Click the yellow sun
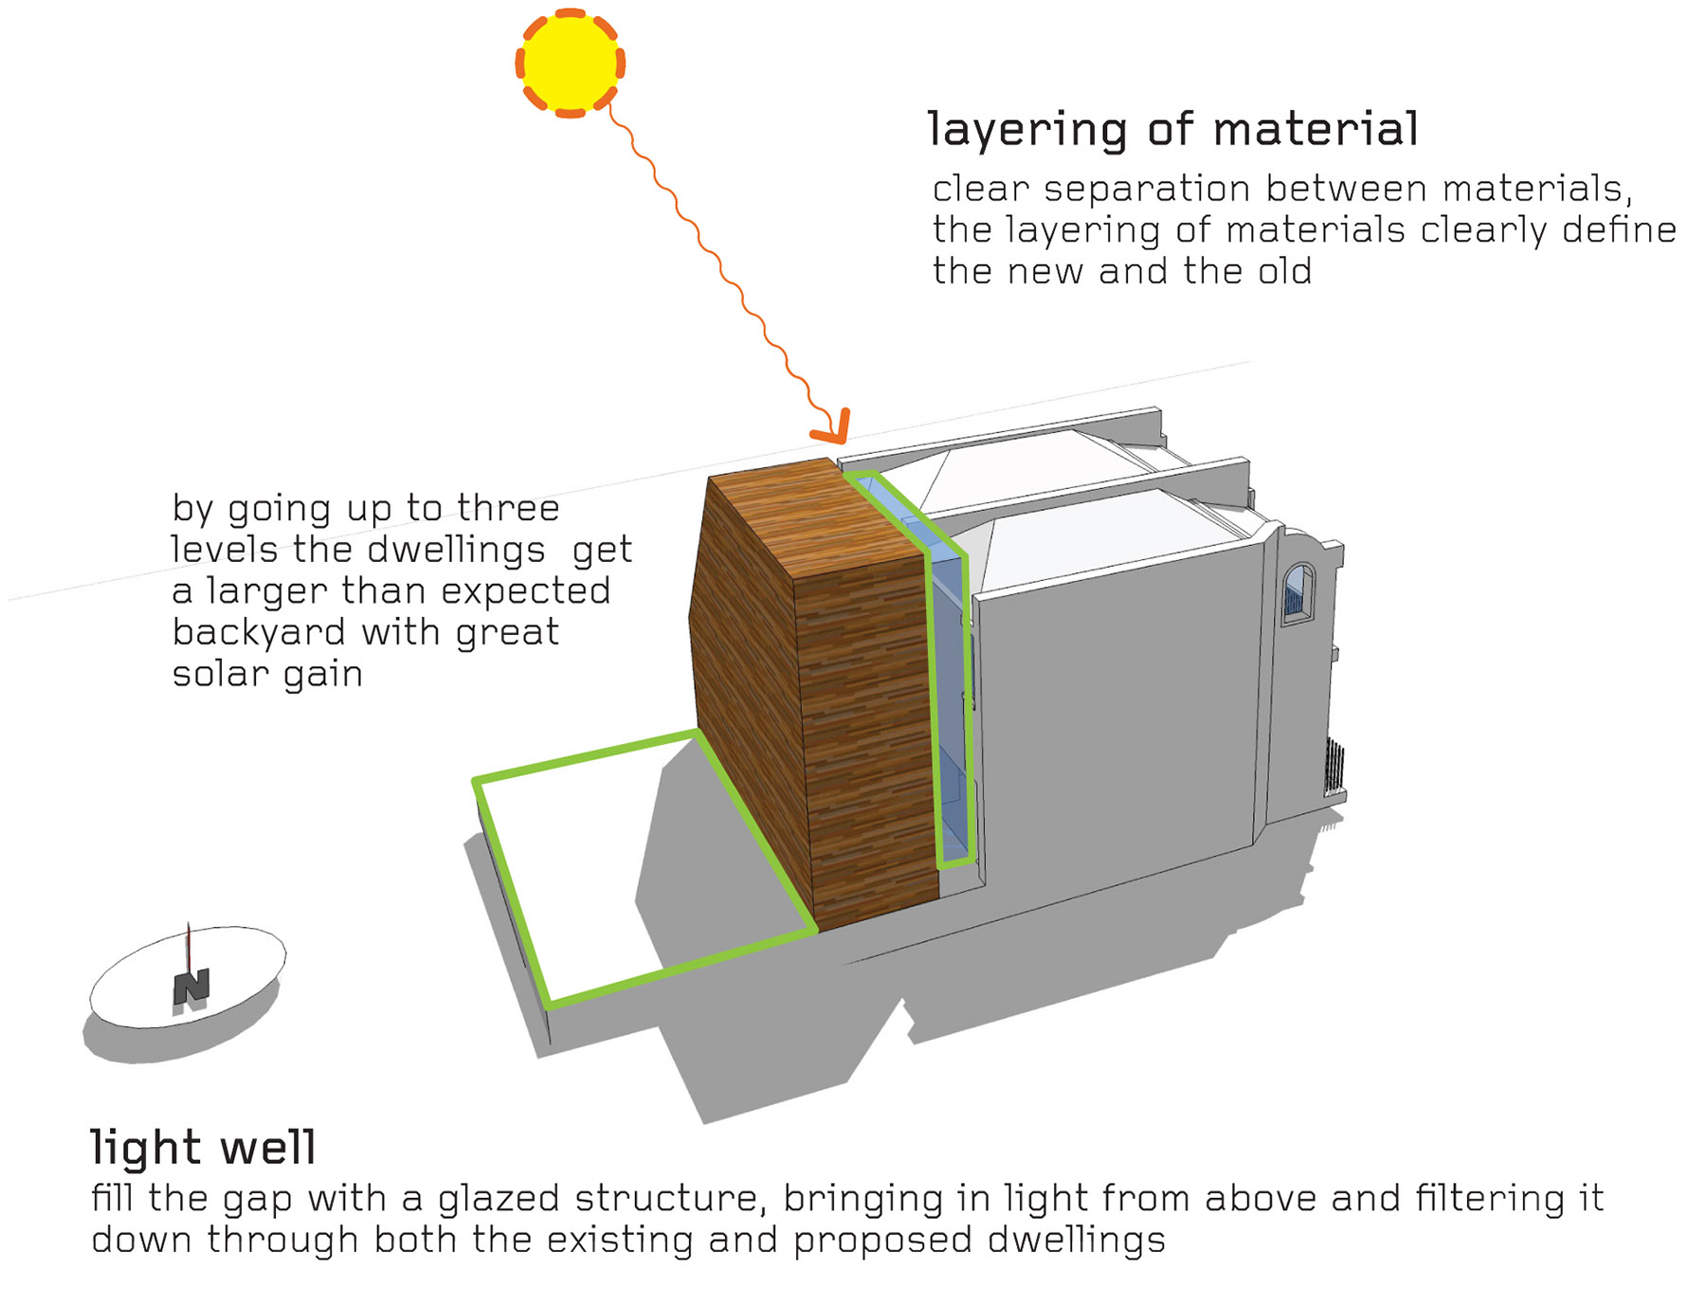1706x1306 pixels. (570, 63)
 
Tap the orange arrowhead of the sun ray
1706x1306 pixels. (833, 428)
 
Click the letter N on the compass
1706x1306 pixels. (191, 987)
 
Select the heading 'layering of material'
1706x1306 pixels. (1172, 130)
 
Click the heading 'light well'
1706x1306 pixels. (203, 1147)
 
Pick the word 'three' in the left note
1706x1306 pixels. (508, 509)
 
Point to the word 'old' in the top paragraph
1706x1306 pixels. (1284, 272)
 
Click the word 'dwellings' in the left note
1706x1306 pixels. (456, 550)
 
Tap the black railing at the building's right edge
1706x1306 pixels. (1334, 768)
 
